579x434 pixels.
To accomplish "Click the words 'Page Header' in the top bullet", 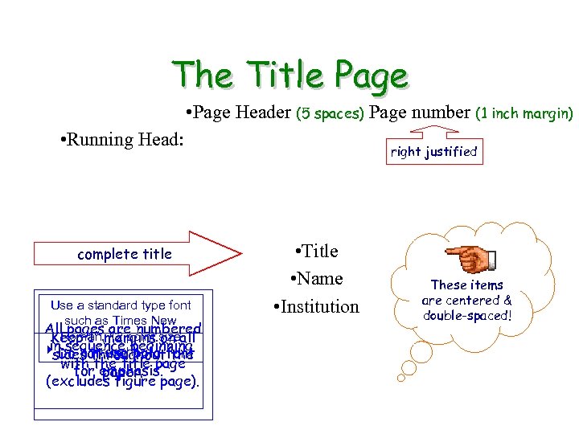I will click(243, 113).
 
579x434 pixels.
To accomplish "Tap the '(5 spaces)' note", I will click(331, 113).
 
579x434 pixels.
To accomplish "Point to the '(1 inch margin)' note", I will click(524, 113).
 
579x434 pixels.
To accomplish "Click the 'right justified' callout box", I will click(433, 151).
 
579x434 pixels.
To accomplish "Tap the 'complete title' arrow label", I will click(125, 254).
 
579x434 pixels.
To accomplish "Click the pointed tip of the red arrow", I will click(239, 254).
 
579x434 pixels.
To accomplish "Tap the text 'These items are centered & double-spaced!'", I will click(466, 300).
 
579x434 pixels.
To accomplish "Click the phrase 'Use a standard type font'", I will click(121, 305).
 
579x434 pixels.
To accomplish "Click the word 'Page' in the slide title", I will click(372, 76).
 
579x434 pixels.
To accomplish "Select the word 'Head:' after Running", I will click(162, 139).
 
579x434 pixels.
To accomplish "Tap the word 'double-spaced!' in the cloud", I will click(466, 316).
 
